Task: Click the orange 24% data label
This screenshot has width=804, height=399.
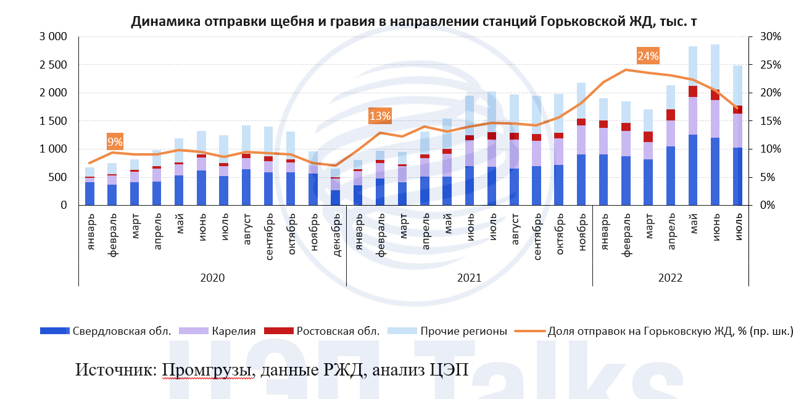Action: click(x=649, y=56)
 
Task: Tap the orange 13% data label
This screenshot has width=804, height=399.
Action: click(x=380, y=115)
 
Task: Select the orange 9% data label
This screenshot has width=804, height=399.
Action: click(x=115, y=142)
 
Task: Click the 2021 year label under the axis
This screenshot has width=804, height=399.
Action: click(x=469, y=278)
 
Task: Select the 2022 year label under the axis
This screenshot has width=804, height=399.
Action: click(x=670, y=278)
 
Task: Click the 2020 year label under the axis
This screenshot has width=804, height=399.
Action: click(x=212, y=278)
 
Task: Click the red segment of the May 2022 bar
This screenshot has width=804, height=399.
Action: click(x=693, y=91)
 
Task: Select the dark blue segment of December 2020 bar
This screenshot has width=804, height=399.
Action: click(x=336, y=197)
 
